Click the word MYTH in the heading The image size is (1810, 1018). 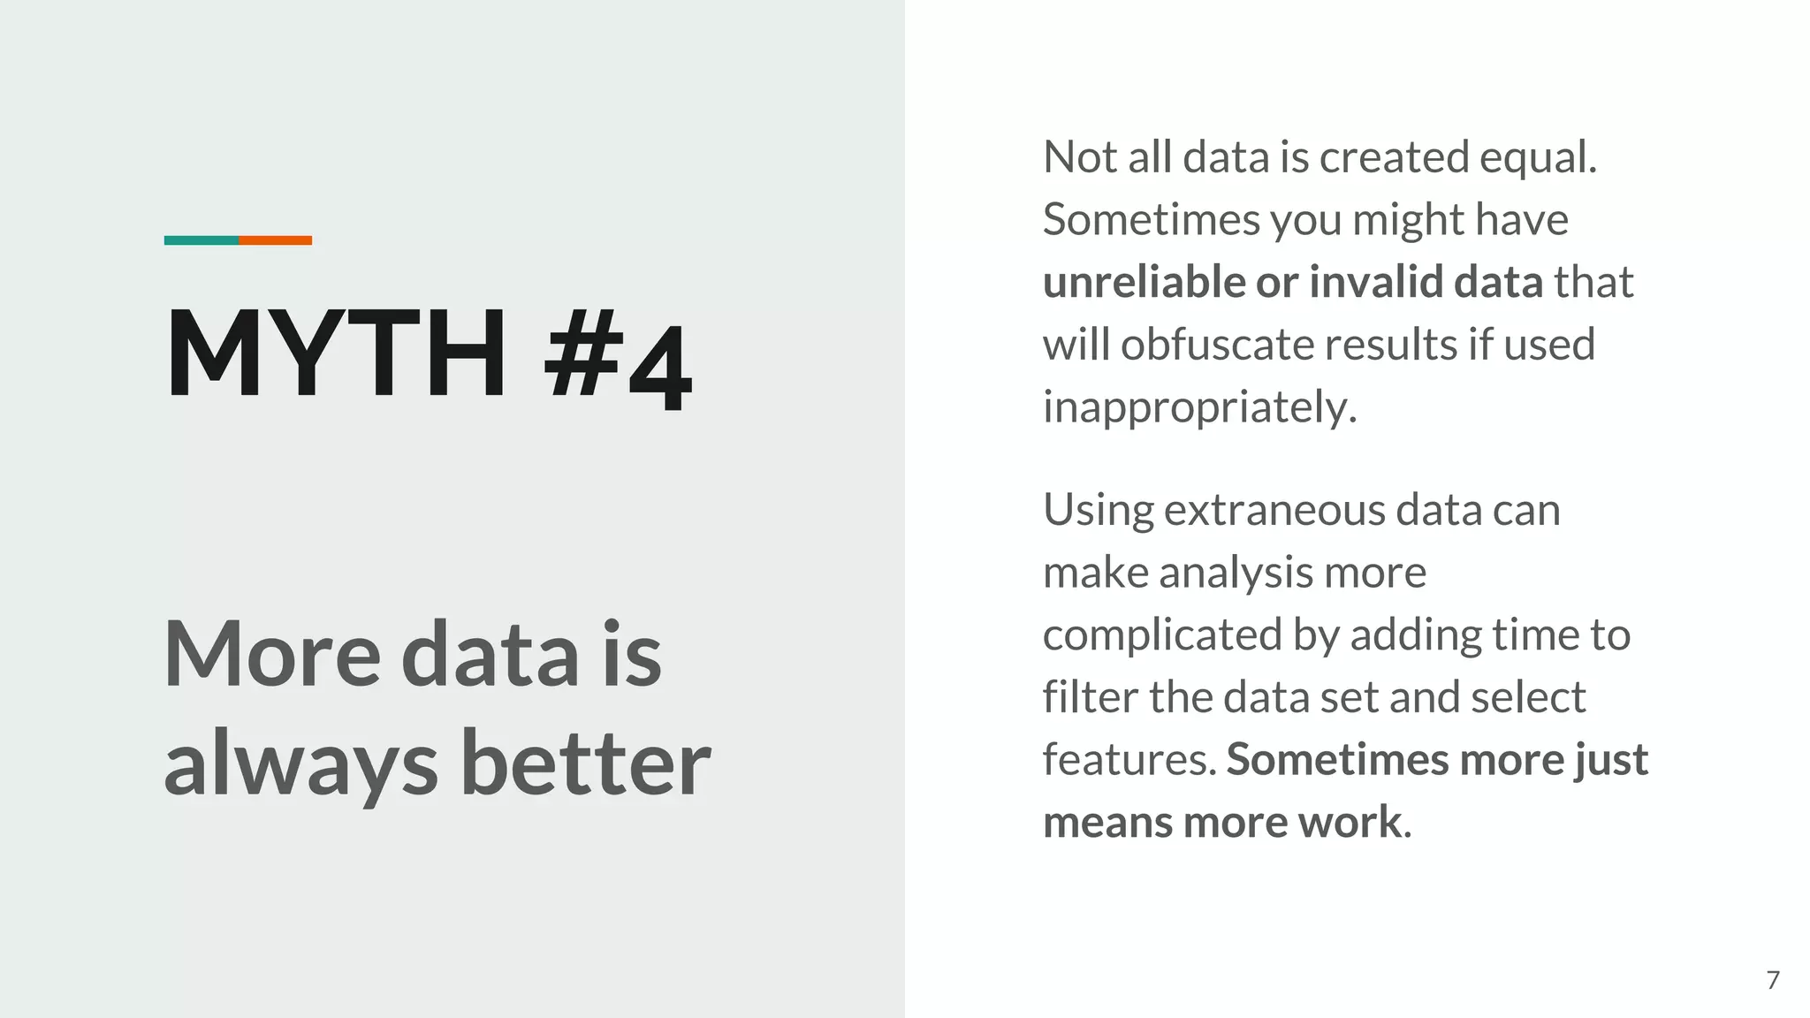click(336, 353)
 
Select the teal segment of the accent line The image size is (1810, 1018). click(202, 240)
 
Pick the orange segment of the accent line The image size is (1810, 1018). click(275, 240)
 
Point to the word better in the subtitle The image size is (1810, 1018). click(586, 762)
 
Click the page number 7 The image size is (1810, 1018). click(1773, 980)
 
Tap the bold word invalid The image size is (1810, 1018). click(1375, 282)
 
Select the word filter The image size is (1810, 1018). click(1089, 697)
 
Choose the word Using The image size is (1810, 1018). click(1098, 511)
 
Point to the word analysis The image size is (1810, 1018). click(1236, 573)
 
